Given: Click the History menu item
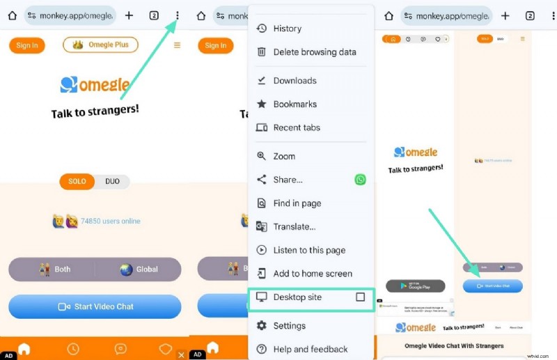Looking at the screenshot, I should [287, 29].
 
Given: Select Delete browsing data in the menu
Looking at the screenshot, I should [314, 52].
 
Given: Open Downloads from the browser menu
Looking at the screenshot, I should [295, 81].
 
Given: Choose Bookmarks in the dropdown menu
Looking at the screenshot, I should [295, 104].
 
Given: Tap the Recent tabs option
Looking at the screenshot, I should [297, 127].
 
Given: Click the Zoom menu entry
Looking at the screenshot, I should [284, 157].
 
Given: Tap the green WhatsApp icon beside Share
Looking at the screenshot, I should [360, 180].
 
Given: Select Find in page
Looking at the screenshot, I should [297, 203].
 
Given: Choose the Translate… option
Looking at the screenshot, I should [294, 226].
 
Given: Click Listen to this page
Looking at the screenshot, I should [309, 250].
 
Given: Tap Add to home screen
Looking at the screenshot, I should [313, 274].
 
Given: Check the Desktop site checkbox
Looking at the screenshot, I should [360, 297].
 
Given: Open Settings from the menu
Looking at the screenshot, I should [289, 326].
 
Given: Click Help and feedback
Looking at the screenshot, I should [310, 350].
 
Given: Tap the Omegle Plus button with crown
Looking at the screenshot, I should [100, 45].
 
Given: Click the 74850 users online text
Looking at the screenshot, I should [110, 221].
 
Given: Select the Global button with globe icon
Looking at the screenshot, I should [139, 269].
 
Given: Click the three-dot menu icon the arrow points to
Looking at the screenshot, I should [178, 15].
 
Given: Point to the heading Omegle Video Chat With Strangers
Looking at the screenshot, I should [454, 346].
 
